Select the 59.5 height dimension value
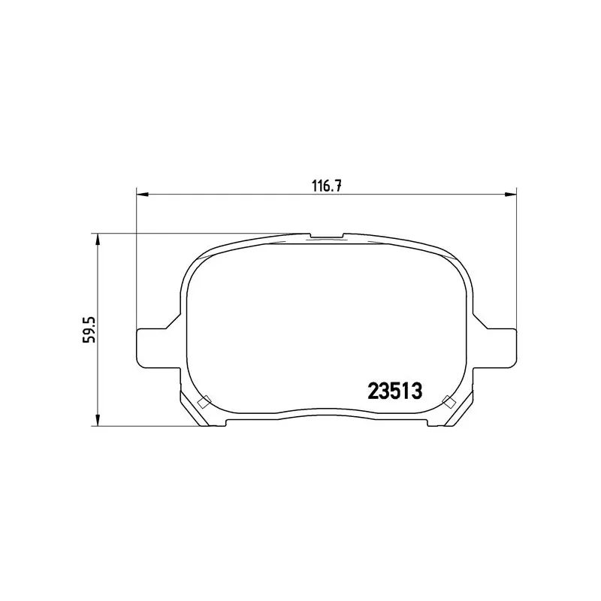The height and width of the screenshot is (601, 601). tap(89, 330)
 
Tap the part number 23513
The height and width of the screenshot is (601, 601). tap(394, 391)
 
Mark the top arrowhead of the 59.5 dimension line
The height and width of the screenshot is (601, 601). tap(97, 238)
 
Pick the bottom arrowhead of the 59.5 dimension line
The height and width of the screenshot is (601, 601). tap(97, 422)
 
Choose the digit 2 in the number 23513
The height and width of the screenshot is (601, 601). tap(373, 391)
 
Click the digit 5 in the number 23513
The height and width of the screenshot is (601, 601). tap(394, 391)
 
